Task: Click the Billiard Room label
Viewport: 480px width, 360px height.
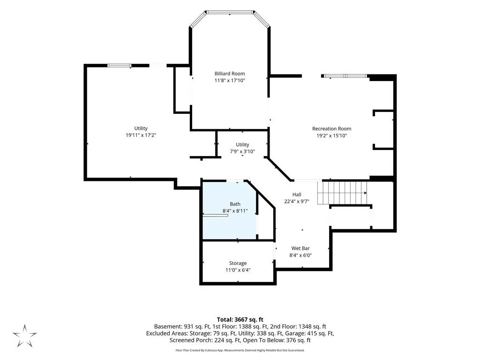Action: pos(230,74)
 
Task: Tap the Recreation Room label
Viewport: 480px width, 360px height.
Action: pos(331,128)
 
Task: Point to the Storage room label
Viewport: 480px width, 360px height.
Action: pos(238,263)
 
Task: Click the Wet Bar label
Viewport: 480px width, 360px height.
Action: pos(300,248)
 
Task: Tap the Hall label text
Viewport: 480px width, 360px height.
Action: pos(297,195)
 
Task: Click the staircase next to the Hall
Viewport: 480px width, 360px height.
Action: pos(342,193)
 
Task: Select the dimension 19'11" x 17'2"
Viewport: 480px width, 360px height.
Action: pos(141,135)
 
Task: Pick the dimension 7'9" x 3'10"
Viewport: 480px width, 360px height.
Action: pos(242,151)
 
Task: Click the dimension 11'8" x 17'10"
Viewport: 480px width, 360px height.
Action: pos(230,81)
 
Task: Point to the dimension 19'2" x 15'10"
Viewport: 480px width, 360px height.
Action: pos(331,135)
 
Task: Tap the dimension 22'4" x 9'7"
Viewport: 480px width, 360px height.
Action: pos(297,202)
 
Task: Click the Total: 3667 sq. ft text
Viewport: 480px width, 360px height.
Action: pos(240,320)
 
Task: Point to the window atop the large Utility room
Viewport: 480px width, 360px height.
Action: pos(120,66)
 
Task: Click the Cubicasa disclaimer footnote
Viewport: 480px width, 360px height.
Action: pos(240,350)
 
